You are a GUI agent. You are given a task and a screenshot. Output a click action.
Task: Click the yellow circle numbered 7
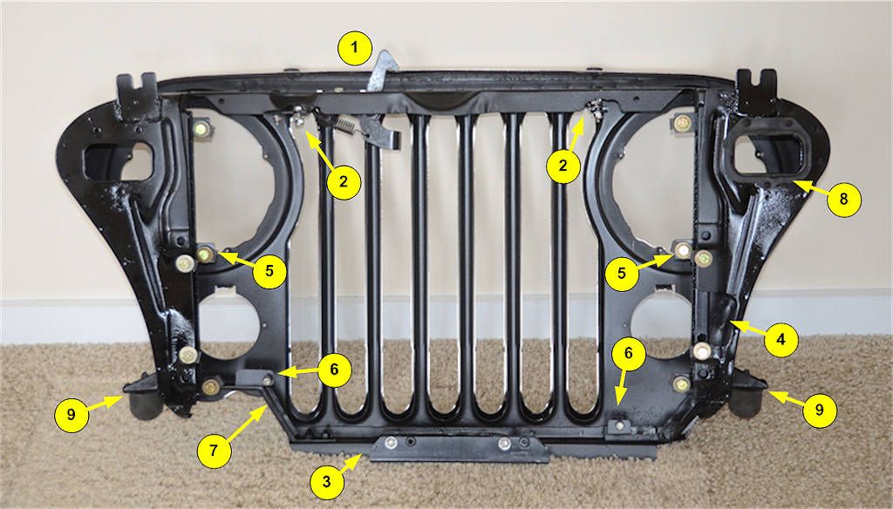pos(215,451)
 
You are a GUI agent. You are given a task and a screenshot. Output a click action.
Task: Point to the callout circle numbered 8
pos(843,200)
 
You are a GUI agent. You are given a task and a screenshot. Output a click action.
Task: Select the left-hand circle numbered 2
pos(344,181)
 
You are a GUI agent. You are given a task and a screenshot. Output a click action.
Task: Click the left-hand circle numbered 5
pos(269,270)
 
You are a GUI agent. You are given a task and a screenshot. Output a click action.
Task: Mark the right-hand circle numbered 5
pos(622,272)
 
